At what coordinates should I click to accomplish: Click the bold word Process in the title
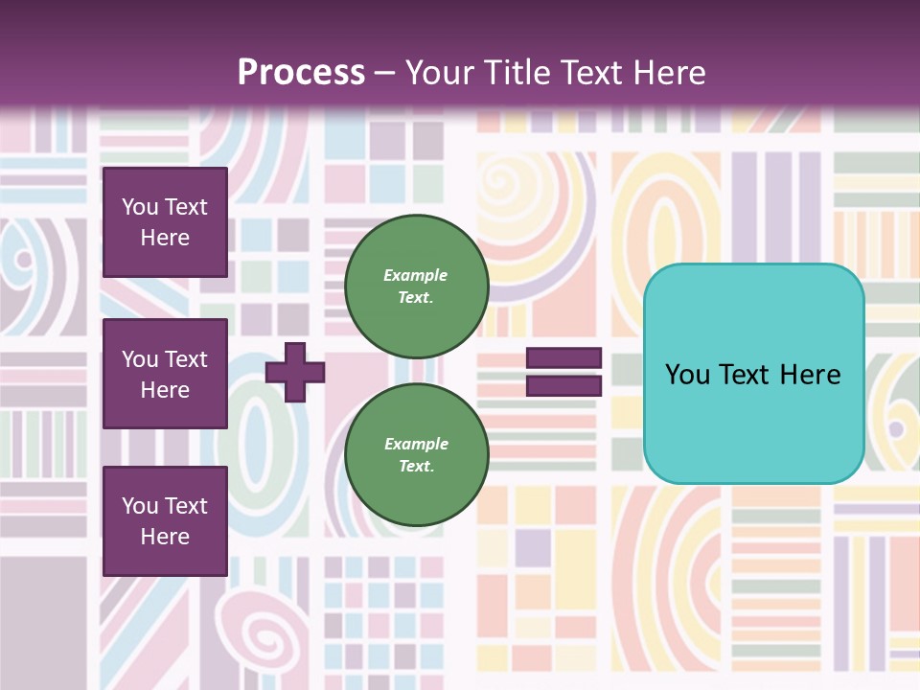(301, 73)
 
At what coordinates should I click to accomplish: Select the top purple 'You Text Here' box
(165, 222)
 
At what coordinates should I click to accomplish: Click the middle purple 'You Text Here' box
(165, 374)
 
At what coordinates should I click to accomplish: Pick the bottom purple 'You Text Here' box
(165, 521)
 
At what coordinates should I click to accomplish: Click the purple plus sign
(295, 372)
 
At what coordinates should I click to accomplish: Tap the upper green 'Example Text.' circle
(417, 287)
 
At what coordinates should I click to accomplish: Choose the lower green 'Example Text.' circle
(417, 455)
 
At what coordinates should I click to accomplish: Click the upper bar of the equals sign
(564, 358)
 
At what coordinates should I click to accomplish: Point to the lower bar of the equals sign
(564, 385)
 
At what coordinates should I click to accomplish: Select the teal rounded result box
(753, 374)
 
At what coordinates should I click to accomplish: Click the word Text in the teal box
(748, 375)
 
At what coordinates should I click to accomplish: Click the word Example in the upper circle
(416, 275)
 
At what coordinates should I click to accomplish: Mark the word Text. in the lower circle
(416, 467)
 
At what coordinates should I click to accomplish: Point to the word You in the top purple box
(139, 207)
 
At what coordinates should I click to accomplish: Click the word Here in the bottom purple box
(165, 537)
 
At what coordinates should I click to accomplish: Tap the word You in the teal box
(686, 375)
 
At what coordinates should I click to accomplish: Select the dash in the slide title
(384, 73)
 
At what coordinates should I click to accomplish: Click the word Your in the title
(436, 73)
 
